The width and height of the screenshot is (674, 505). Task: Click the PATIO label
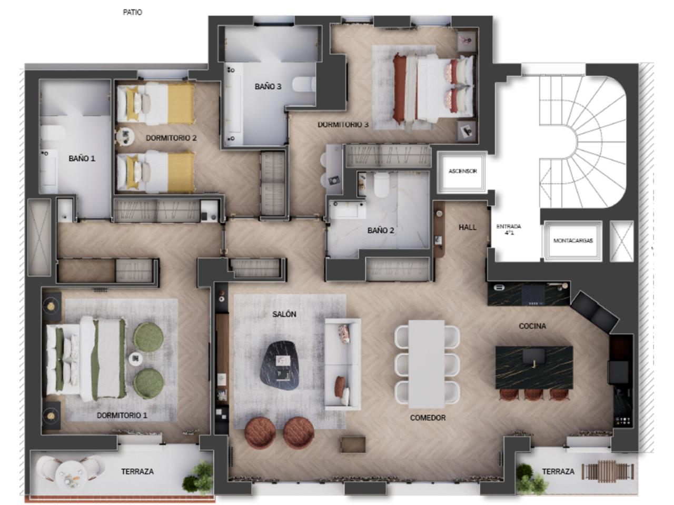click(132, 12)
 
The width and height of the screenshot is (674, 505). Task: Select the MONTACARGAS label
click(573, 241)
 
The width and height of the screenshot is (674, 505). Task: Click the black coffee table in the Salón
click(281, 365)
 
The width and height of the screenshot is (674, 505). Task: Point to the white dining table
click(427, 364)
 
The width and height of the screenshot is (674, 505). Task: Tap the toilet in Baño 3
click(304, 84)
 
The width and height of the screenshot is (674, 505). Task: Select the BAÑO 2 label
click(381, 230)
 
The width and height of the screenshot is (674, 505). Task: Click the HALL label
click(468, 227)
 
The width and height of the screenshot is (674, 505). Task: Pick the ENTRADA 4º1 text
click(509, 229)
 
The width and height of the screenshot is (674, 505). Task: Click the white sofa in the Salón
click(343, 364)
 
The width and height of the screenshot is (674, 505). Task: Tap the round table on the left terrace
click(71, 475)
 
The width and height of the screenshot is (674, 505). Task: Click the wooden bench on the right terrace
click(607, 471)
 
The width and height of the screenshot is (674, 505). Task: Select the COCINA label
click(532, 326)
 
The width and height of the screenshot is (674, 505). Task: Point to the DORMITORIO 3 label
click(343, 125)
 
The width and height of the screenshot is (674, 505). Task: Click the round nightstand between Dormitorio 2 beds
click(125, 136)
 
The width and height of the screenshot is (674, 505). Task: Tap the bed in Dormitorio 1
click(86, 358)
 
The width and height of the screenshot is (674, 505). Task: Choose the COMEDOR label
click(428, 418)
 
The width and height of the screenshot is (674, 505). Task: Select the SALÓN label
click(284, 314)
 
